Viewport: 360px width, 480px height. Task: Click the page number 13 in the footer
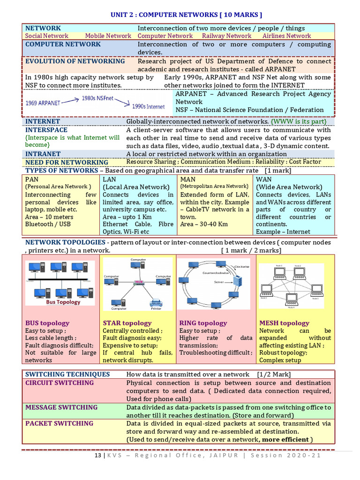(97, 455)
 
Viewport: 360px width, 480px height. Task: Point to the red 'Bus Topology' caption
(63, 302)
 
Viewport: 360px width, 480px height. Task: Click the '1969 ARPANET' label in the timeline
(44, 102)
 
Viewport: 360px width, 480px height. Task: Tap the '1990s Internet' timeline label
(148, 106)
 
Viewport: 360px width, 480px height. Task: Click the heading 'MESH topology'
(284, 323)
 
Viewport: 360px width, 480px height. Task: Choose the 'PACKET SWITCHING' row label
(59, 423)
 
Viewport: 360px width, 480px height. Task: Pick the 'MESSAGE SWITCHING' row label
(61, 407)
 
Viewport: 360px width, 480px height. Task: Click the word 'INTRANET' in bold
(43, 154)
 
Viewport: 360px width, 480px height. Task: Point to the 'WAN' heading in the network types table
(263, 179)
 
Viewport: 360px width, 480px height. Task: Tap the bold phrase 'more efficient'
(285, 439)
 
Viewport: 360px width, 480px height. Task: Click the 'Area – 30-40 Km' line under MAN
(204, 224)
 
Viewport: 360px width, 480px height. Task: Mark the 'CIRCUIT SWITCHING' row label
(60, 382)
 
